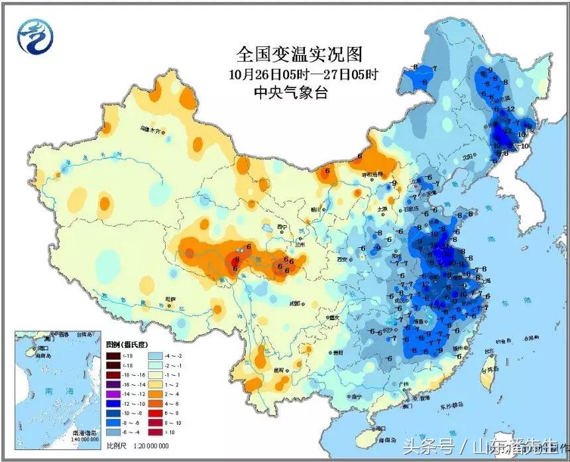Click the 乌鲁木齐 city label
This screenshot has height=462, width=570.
tap(151, 129)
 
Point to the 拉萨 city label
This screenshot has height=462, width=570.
tap(171, 299)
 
